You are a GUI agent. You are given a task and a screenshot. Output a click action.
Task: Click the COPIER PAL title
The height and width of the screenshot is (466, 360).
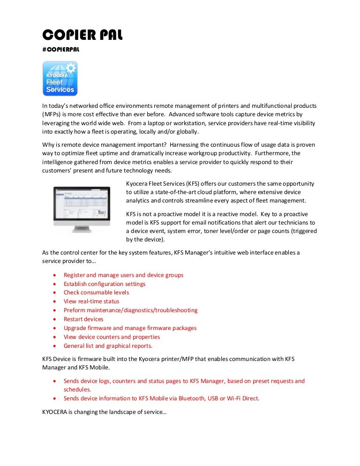tap(82, 35)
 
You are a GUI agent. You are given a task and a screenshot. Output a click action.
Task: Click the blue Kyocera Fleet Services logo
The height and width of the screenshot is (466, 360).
tap(60, 79)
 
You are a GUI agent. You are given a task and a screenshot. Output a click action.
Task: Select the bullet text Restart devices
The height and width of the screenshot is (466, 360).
tap(83, 319)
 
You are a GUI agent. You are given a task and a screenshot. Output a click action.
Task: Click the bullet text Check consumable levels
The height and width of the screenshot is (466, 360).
tap(96, 293)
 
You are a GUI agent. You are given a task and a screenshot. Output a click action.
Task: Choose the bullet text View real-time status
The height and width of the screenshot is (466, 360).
tap(91, 301)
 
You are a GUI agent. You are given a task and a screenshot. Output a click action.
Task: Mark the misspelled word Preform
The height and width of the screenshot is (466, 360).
tap(74, 310)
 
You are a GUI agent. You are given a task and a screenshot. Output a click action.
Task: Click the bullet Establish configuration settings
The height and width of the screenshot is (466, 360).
tap(105, 284)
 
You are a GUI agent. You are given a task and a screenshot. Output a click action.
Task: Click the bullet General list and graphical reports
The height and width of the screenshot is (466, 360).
tap(108, 346)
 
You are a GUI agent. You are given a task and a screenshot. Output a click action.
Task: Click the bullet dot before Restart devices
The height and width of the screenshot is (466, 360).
tap(56, 319)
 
